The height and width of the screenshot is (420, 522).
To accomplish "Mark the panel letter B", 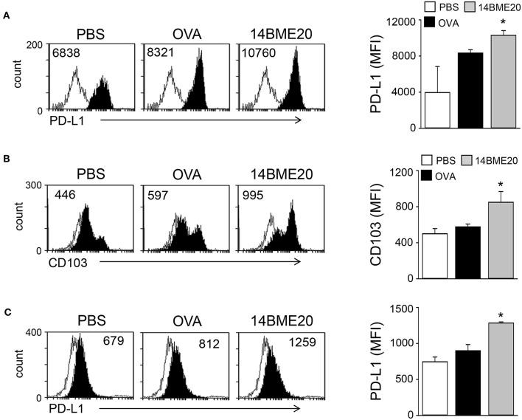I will [6, 159].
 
